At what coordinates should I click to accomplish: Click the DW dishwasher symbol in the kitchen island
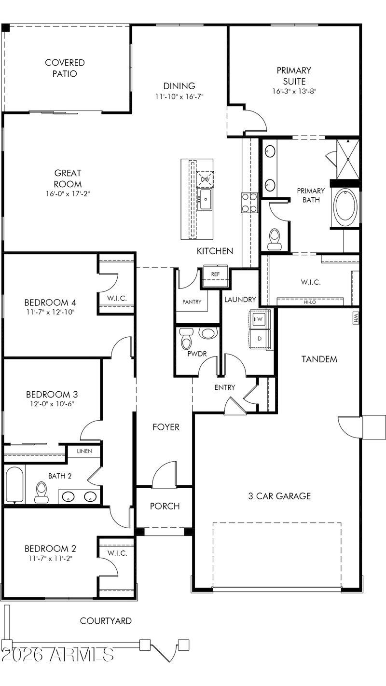pyautogui.click(x=205, y=179)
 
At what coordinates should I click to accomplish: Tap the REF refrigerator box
pyautogui.click(x=215, y=274)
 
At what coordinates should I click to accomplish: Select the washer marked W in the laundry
pyautogui.click(x=260, y=319)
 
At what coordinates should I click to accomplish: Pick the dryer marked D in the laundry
pyautogui.click(x=260, y=339)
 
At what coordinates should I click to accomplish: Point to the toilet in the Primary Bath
pyautogui.click(x=274, y=239)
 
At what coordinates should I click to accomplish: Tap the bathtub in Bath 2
pyautogui.click(x=14, y=484)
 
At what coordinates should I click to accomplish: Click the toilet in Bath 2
pyautogui.click(x=41, y=492)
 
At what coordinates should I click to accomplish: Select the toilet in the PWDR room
pyautogui.click(x=186, y=338)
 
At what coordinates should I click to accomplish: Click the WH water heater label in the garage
pyautogui.click(x=356, y=317)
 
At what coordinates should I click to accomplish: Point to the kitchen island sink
pyautogui.click(x=205, y=200)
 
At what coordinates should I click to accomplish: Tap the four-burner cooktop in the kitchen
pyautogui.click(x=249, y=203)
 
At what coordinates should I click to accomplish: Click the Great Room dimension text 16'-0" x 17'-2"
pyautogui.click(x=68, y=194)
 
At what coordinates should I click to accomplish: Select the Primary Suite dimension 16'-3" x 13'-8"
pyautogui.click(x=294, y=91)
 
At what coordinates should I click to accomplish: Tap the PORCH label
pyautogui.click(x=165, y=506)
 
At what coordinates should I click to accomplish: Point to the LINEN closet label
pyautogui.click(x=84, y=451)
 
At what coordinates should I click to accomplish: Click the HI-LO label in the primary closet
pyautogui.click(x=310, y=302)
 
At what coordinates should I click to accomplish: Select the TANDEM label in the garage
pyautogui.click(x=319, y=359)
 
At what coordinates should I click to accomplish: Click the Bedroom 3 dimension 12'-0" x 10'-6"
pyautogui.click(x=52, y=404)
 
